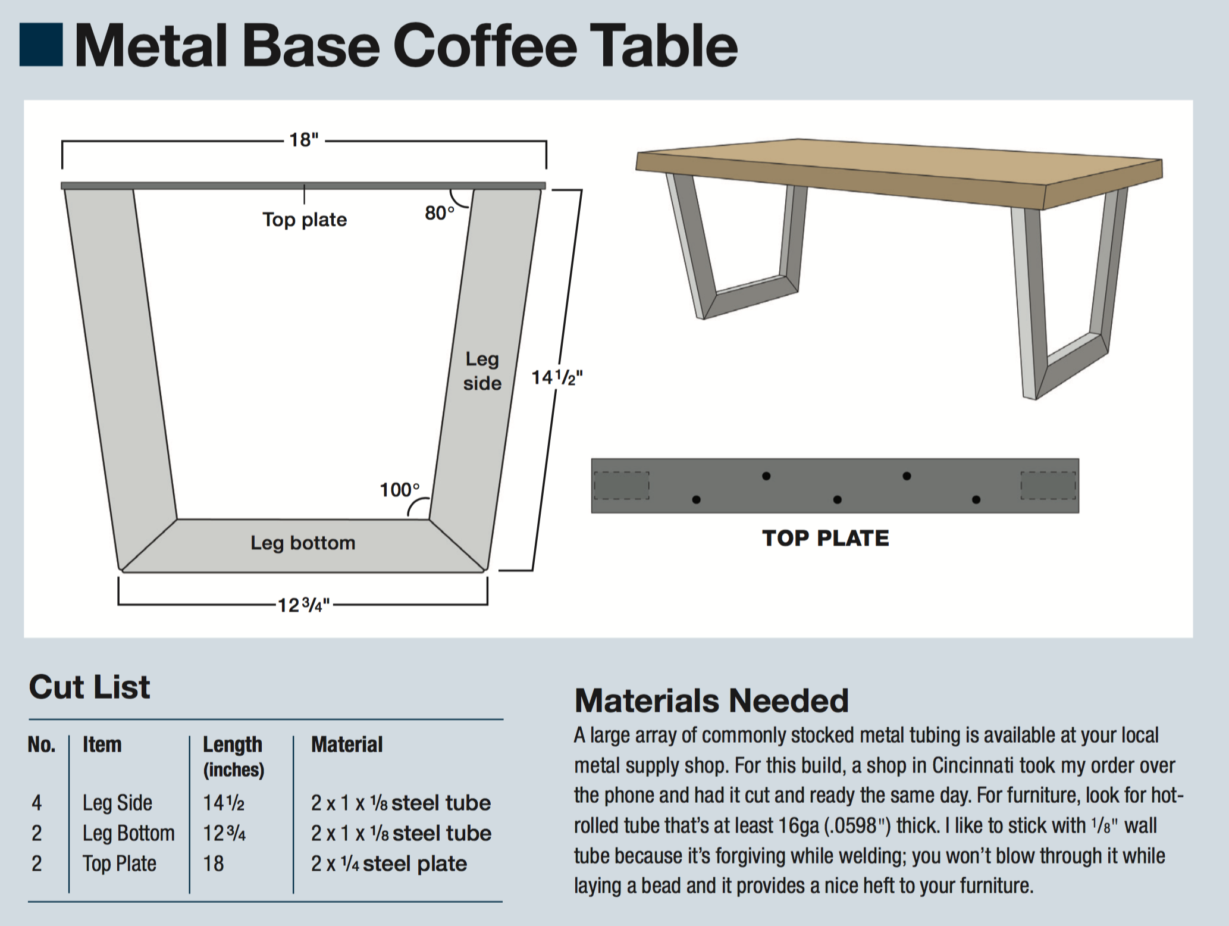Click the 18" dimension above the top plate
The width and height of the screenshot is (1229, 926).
point(304,140)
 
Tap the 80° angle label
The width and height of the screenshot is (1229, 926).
point(440,212)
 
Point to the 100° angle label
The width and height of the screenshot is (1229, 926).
point(400,490)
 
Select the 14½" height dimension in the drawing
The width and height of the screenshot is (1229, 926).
point(557,377)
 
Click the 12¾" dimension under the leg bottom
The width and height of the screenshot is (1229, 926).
point(303,605)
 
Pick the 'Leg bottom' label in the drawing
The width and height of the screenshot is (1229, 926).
point(303,543)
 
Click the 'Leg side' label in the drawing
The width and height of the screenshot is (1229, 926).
point(482,371)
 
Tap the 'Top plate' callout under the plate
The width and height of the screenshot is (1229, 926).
point(305,220)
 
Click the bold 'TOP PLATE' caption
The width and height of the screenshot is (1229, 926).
point(825,538)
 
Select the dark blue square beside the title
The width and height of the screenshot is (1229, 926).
point(41,45)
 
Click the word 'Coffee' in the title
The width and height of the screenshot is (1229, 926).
point(485,46)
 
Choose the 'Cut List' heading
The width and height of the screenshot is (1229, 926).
point(89,687)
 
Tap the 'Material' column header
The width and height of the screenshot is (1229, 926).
point(347,744)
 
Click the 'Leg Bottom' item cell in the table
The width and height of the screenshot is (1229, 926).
point(128,833)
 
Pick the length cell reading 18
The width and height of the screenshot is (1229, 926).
point(214,864)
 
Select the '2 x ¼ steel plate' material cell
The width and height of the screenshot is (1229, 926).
point(389,864)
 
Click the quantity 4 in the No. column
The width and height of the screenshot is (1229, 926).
point(37,803)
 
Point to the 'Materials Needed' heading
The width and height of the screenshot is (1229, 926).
point(711,700)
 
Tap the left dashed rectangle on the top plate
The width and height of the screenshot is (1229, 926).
point(622,486)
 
